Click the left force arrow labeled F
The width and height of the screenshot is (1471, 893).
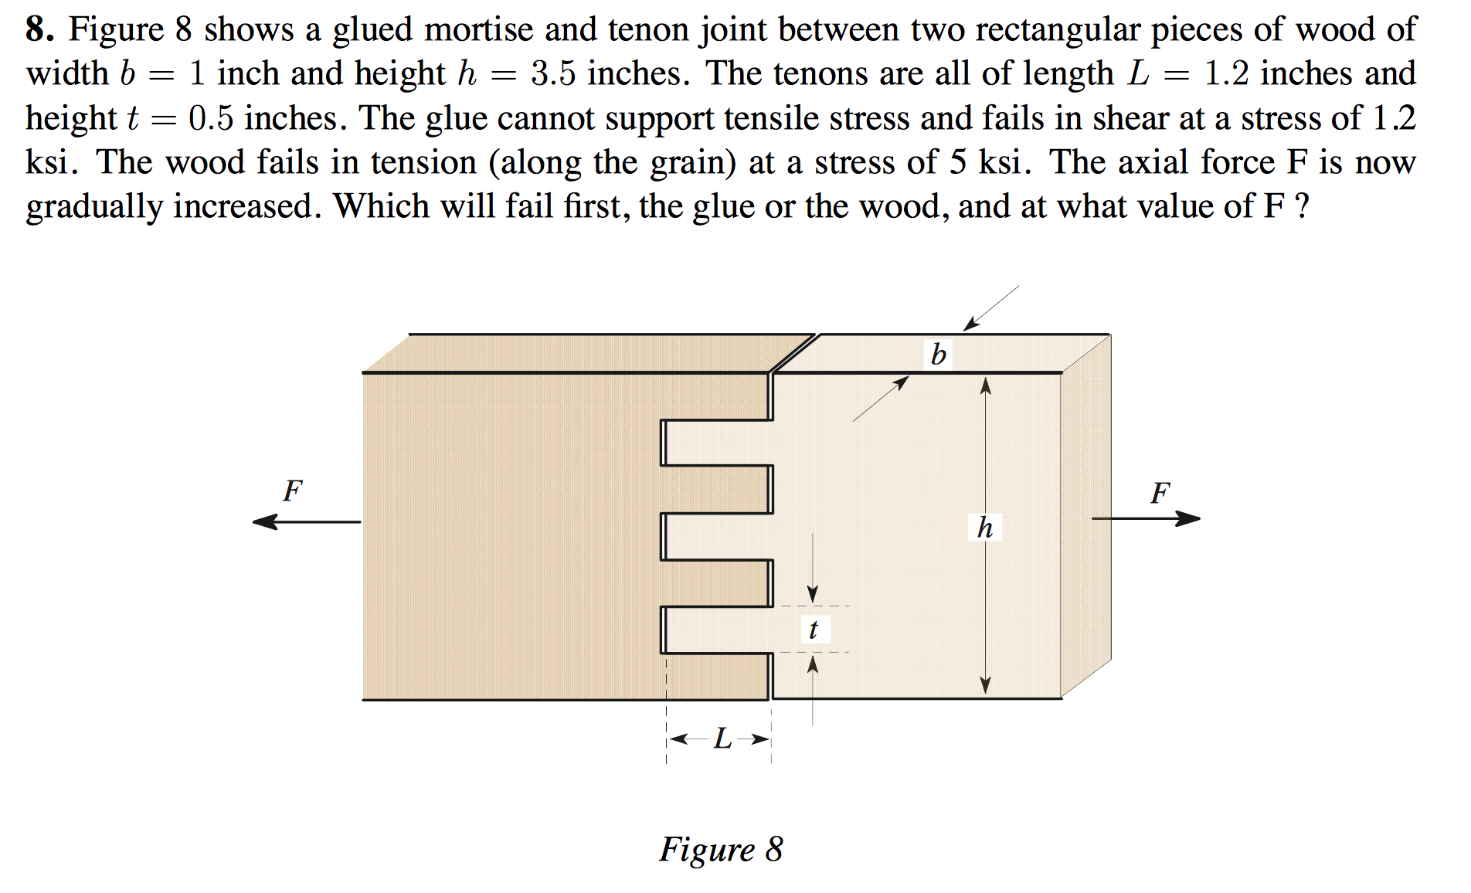[306, 522]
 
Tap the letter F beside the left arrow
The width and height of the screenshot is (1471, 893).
[292, 491]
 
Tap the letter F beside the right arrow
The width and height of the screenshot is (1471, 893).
[1160, 493]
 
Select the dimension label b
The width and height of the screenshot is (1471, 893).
[938, 355]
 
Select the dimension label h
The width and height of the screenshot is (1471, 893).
[984, 528]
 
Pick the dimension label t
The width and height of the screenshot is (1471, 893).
[813, 629]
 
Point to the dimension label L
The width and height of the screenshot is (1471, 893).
[722, 739]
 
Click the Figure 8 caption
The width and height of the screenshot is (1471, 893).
[720, 849]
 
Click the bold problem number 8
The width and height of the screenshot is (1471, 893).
[39, 29]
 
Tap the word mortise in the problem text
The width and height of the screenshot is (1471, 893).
[478, 29]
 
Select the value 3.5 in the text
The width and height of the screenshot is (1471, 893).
[553, 73]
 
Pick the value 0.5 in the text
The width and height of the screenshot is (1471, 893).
[210, 118]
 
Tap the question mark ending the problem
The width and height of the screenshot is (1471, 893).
[1302, 207]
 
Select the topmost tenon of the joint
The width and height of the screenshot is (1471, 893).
[717, 443]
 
